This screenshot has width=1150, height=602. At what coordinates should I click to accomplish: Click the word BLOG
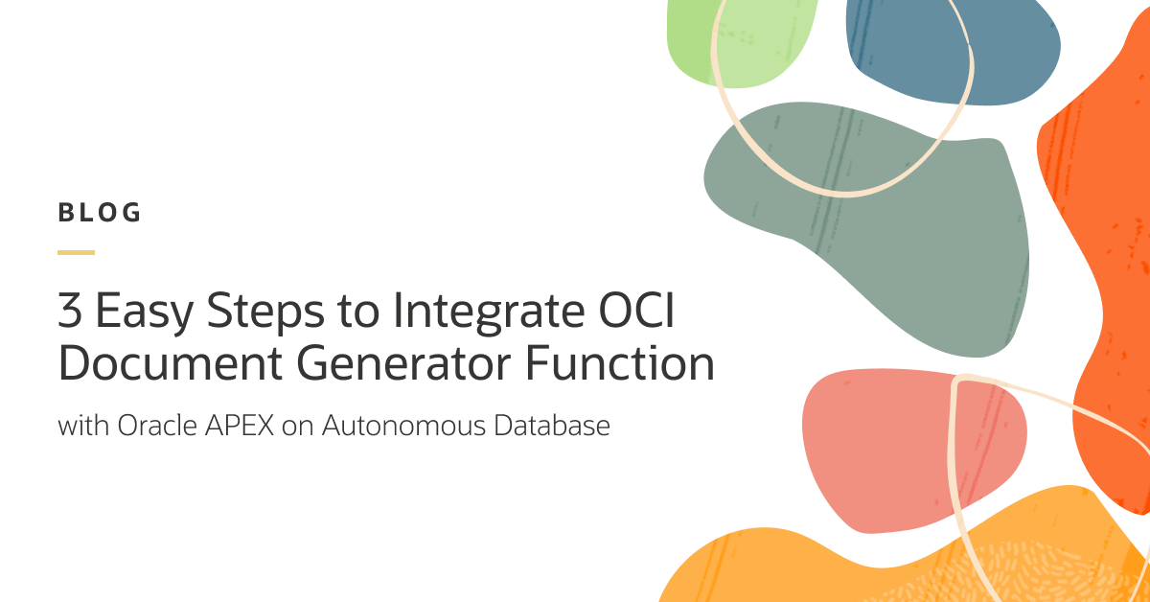pos(99,213)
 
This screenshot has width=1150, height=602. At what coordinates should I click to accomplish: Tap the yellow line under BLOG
pos(76,252)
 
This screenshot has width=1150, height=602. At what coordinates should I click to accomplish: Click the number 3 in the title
pos(70,311)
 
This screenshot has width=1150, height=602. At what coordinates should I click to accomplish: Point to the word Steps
pos(265,313)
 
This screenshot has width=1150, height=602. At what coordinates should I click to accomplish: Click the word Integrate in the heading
pos(489,313)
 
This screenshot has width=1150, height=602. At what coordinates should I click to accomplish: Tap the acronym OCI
pos(636,311)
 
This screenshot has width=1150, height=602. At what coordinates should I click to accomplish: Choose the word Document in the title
pos(171,362)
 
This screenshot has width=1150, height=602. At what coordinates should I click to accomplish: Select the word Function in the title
pos(620,362)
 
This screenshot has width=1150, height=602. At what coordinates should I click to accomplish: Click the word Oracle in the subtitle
pos(157,426)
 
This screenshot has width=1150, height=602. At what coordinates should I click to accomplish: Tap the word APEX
pos(240,426)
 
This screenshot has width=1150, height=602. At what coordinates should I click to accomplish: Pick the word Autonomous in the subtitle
pos(403,426)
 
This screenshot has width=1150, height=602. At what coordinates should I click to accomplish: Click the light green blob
pos(739,41)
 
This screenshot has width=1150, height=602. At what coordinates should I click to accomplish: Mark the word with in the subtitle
pos(83,426)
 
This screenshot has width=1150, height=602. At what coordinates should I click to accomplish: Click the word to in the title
pos(358,312)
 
